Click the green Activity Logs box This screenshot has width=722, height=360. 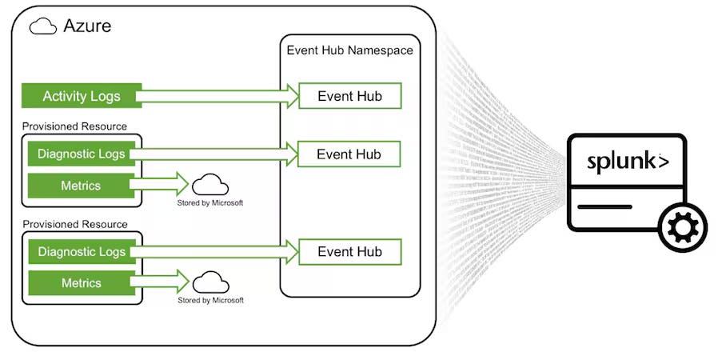point(82,97)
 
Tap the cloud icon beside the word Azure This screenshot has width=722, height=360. point(42,26)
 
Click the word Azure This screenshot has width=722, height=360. point(87,26)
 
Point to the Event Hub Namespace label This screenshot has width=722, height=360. point(349,50)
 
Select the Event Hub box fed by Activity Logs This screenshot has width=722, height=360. point(349,97)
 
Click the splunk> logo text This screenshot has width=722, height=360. point(628,161)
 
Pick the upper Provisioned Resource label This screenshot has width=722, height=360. point(74,126)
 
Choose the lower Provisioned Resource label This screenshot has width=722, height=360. point(74,224)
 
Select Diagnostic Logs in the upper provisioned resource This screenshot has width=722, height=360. point(82,154)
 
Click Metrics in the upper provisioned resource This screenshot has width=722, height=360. point(81,186)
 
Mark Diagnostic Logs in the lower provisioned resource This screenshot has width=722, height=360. point(82,252)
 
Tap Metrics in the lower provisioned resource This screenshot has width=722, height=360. point(81,283)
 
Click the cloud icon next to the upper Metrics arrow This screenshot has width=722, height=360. point(210,185)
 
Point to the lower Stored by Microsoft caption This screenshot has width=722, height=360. point(210,300)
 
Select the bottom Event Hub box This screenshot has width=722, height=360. point(349,252)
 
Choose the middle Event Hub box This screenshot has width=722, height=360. point(349,154)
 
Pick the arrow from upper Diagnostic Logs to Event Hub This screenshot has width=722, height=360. point(216,154)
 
